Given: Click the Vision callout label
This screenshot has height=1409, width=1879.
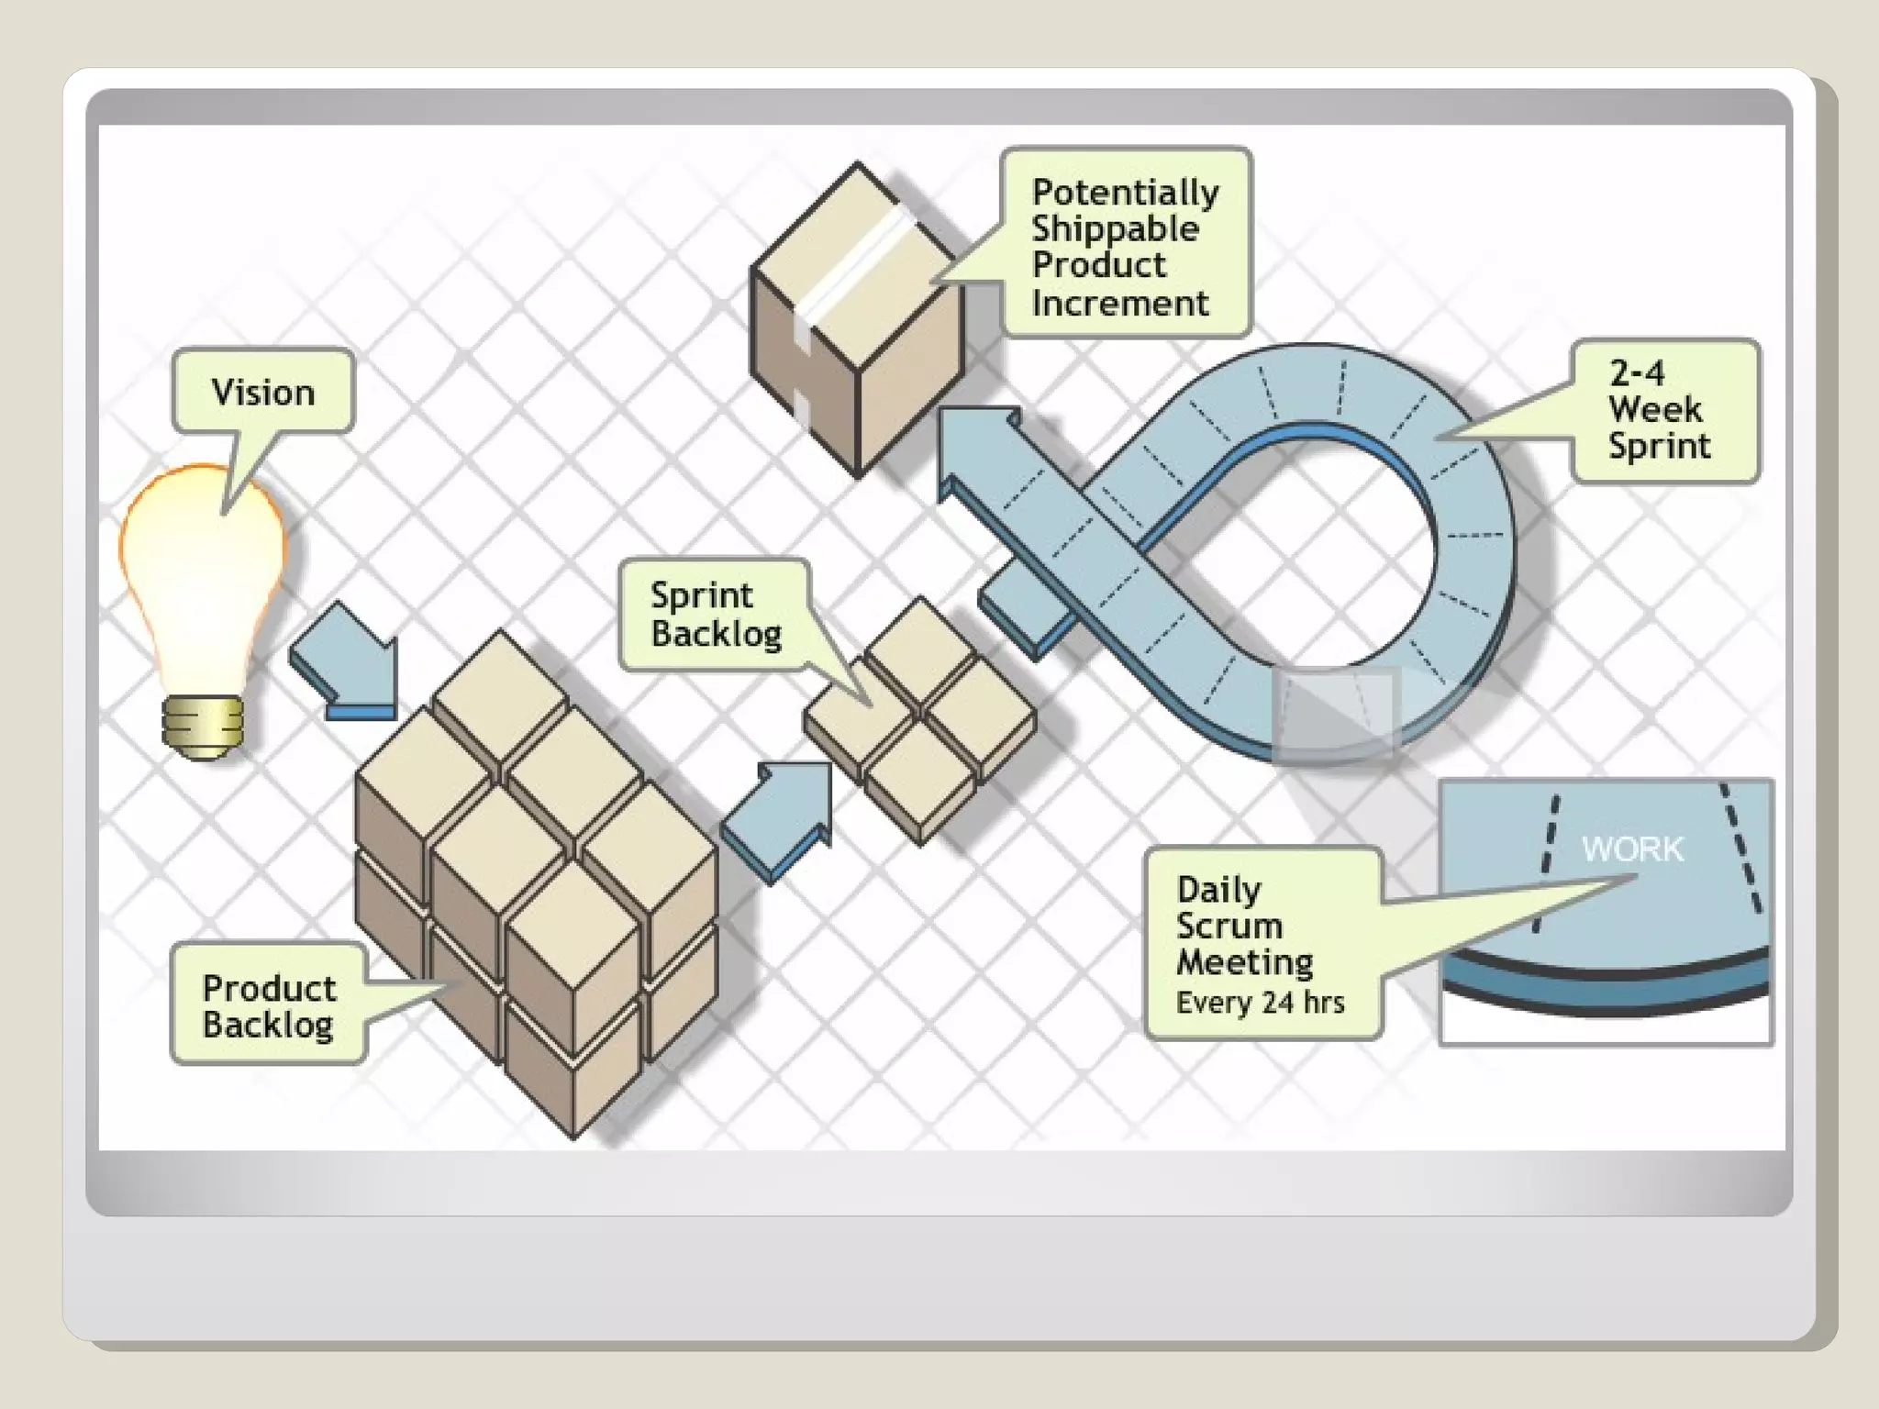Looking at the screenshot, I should coord(262,392).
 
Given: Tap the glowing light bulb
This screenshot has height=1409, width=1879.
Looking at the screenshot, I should coord(203,578).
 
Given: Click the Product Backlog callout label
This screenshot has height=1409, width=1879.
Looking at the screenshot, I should coord(268,1005).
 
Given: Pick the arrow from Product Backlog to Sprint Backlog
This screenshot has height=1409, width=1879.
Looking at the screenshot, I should coord(780,817).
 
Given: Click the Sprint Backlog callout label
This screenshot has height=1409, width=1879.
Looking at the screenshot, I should coord(715,614).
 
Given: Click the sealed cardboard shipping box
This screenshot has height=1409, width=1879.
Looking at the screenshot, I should coord(858,321).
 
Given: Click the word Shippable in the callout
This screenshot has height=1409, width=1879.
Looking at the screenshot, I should coord(1115,228).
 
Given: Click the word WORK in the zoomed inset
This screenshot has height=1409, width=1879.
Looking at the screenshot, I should coord(1632,849).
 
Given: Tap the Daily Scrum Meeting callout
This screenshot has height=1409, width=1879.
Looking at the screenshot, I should coord(1262,943).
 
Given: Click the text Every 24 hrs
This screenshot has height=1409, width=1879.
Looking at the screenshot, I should coord(1260,1003).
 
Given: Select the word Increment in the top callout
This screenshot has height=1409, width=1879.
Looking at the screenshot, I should coord(1119,303).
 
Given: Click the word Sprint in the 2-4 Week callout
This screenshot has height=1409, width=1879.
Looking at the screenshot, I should coord(1659,446).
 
